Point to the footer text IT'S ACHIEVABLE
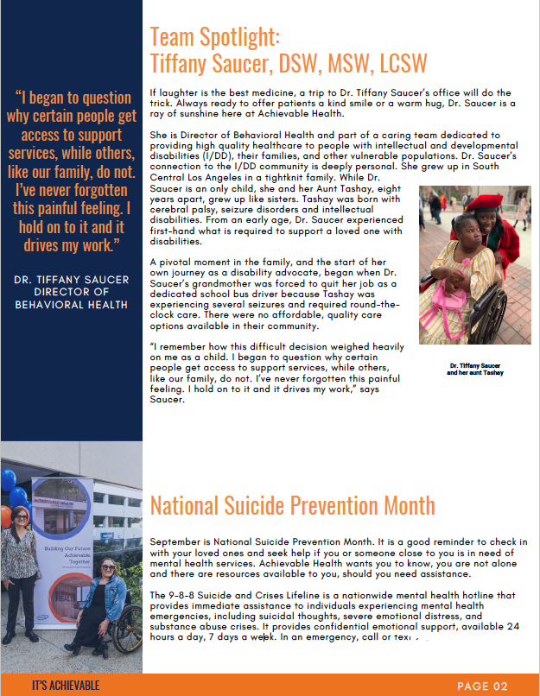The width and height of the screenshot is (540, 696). coord(65,686)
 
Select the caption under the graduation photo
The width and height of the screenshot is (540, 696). coord(474,370)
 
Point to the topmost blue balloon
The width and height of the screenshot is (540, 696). coord(8,478)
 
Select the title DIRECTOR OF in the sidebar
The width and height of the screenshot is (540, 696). coord(72,291)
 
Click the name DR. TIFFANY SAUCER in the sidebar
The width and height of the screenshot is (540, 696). coord(72,278)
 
